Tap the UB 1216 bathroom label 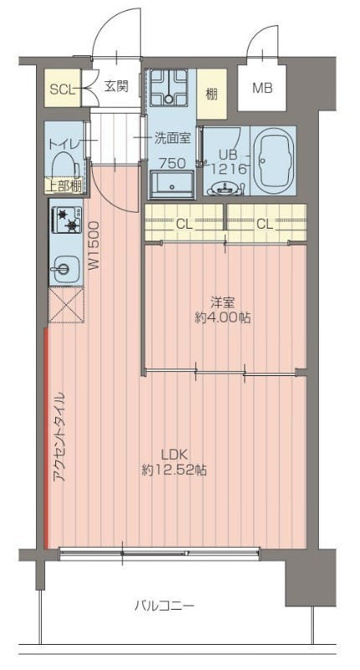(229, 162)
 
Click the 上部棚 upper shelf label (62, 186)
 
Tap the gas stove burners (66, 221)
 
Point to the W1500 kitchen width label (95, 244)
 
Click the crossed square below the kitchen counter (65, 306)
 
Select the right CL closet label (264, 224)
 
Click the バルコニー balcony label (165, 605)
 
